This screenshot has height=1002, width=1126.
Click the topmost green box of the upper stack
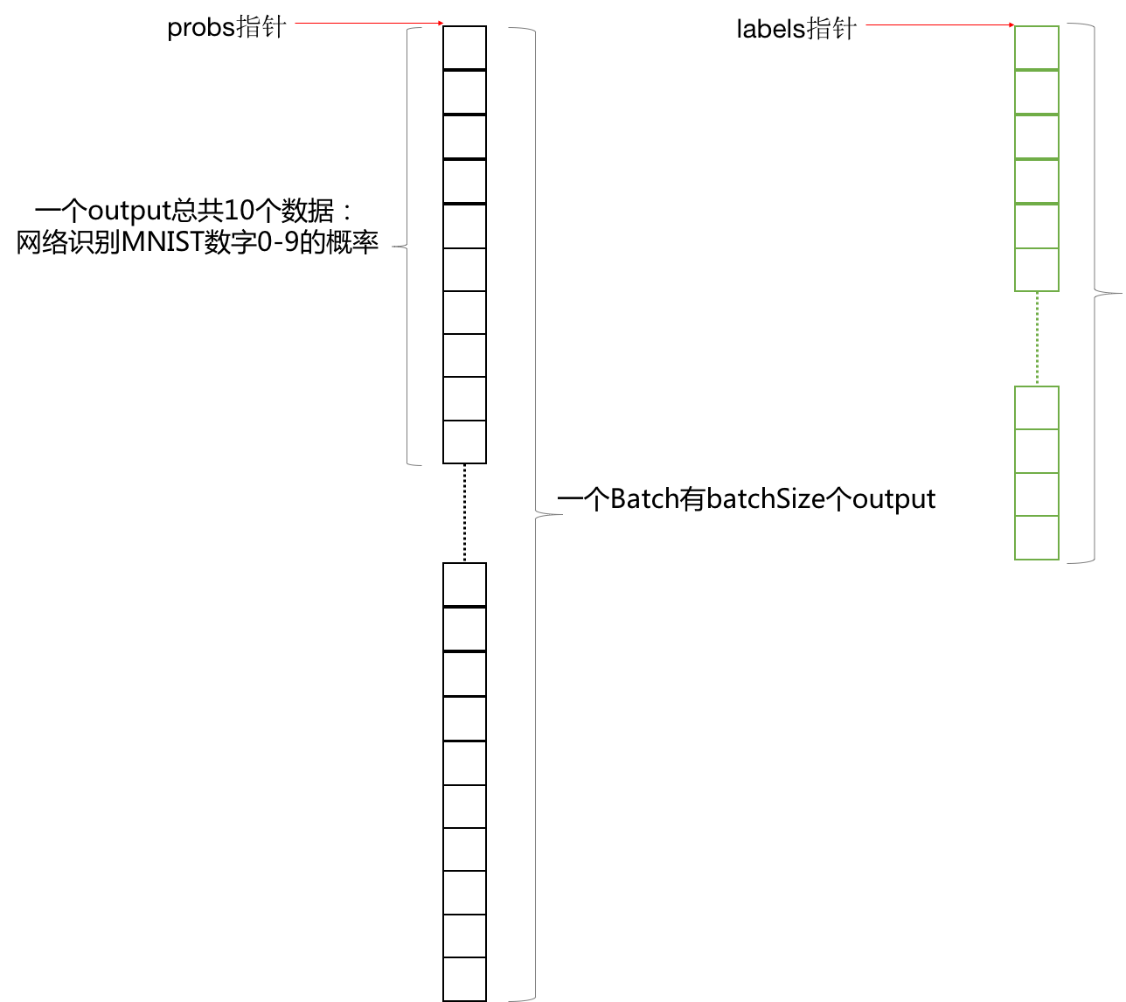coord(1037,47)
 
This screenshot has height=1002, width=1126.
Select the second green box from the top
coord(1037,92)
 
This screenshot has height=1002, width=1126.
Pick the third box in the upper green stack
coord(1037,136)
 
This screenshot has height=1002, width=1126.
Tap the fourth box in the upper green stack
coord(1037,181)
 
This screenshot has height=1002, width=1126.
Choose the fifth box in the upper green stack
coord(1037,226)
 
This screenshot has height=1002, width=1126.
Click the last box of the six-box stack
coord(1037,269)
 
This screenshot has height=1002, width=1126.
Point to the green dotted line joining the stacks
coord(1037,338)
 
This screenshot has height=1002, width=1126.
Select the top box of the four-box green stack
coord(1037,407)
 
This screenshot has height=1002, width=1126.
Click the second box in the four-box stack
coord(1037,450)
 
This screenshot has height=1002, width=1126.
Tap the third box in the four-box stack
coord(1037,494)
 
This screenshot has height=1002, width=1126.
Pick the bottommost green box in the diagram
coord(1037,538)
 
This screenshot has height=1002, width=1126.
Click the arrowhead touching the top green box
coord(1011,25)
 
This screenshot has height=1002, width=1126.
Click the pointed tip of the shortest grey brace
coord(393,247)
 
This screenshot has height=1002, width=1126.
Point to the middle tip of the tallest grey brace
coord(560,515)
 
